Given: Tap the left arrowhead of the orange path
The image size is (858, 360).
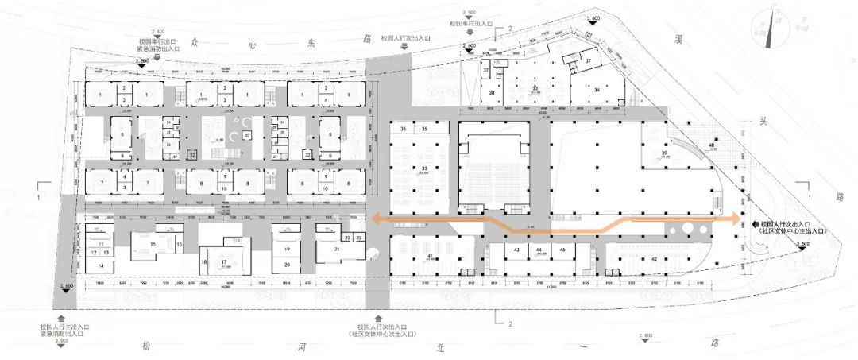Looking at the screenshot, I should coord(375,217).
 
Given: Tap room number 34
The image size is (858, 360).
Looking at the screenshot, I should coord(596,90).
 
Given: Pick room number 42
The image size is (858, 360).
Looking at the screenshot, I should coord(654,259).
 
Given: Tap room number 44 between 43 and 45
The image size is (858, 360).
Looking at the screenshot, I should coord(539,250).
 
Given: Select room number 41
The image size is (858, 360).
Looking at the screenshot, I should coord(431,255).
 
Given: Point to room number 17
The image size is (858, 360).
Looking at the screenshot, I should coord(224,261).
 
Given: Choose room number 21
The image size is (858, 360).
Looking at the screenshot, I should coord(337,250).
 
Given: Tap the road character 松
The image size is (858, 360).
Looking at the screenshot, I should coord(145,344).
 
